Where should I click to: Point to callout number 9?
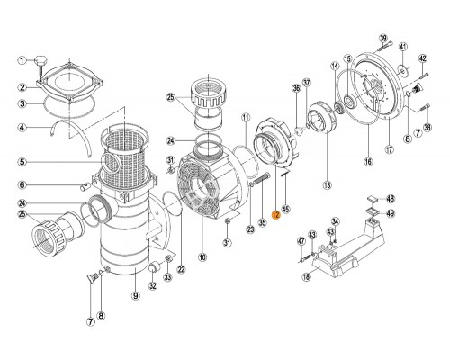[134, 293]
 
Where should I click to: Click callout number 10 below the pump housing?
[202, 257]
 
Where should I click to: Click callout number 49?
[391, 214]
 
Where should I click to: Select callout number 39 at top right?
[382, 37]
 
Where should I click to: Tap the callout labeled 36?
[295, 88]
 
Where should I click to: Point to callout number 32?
[151, 287]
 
